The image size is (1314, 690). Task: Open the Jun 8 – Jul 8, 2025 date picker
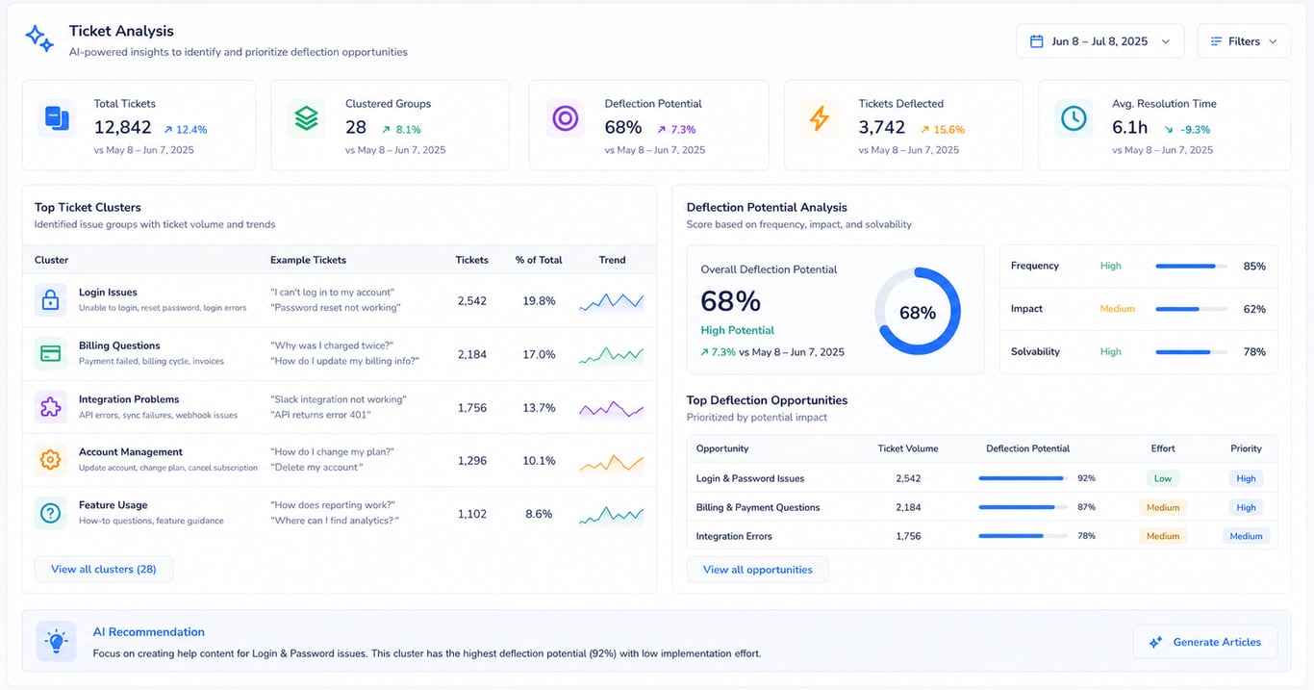pos(1099,41)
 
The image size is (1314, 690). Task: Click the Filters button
pos(1244,41)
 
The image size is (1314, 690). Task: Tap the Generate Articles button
pos(1205,642)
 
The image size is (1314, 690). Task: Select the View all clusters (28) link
pos(103,569)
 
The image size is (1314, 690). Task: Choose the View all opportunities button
pos(757,570)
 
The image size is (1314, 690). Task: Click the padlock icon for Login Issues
pos(50,300)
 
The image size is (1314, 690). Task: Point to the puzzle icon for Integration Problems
pos(50,407)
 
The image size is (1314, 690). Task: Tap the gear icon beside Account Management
pos(50,459)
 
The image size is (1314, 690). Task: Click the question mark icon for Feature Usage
pos(50,513)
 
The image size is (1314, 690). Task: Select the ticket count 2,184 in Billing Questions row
pos(471,354)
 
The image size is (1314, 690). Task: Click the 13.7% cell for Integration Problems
pos(539,408)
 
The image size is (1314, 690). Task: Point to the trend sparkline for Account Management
pos(611,464)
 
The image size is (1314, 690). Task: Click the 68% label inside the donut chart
pos(918,313)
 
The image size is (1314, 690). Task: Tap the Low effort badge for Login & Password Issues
pos(1163,478)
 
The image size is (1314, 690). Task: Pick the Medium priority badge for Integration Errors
pos(1246,536)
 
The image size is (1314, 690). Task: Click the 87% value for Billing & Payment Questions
pos(1086,507)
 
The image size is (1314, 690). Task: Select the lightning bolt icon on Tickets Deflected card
pos(820,118)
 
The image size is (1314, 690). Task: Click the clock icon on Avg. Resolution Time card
pos(1074,118)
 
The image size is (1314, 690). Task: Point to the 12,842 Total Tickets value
pos(122,127)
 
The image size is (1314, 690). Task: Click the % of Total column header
pos(539,260)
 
